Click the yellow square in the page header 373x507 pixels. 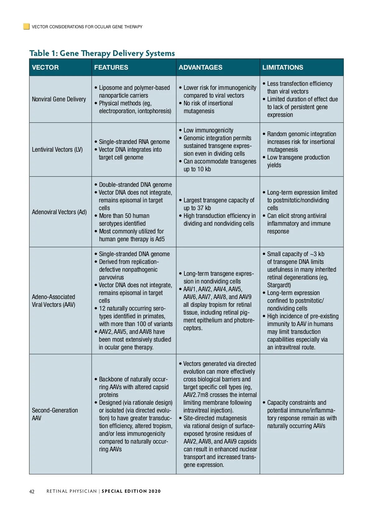(26, 26)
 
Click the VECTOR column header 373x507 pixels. (45, 67)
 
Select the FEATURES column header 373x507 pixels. (111, 67)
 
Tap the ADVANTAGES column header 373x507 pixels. (200, 67)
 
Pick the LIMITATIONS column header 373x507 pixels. (283, 67)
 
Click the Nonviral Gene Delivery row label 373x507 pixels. (59, 99)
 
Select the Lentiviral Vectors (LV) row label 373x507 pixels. (57, 150)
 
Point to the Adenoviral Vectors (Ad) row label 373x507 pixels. (59, 212)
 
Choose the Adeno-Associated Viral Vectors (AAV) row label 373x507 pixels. (53, 301)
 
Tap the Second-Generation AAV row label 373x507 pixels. (55, 414)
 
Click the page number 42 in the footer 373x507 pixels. (32, 491)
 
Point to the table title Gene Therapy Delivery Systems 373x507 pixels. (117, 53)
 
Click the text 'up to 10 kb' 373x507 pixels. (197, 169)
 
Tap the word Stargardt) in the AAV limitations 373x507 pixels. (279, 285)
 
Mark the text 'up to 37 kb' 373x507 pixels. (197, 208)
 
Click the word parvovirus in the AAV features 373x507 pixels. (111, 277)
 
